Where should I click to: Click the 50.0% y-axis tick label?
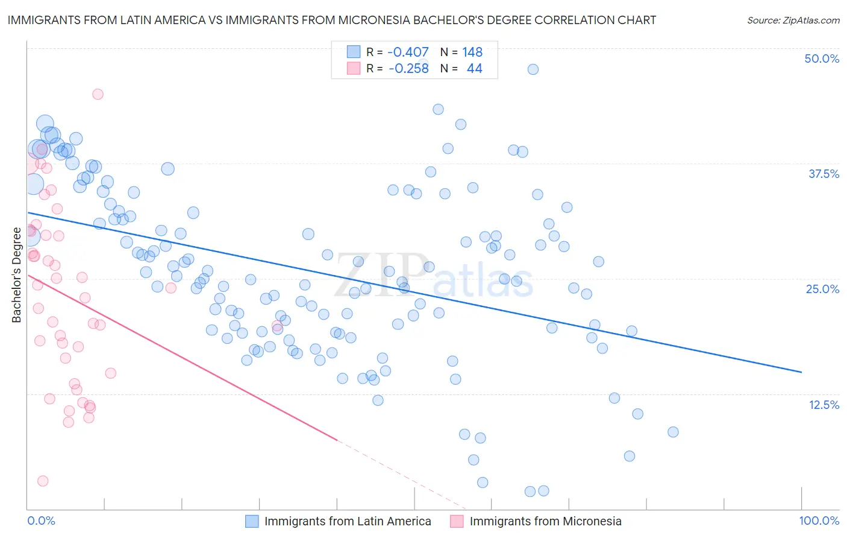(x=822, y=59)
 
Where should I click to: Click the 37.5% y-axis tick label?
(x=824, y=174)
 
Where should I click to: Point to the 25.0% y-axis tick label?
(x=822, y=289)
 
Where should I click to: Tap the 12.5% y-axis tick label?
(x=824, y=405)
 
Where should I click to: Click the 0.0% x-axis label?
(x=41, y=521)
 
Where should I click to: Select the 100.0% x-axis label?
(x=819, y=521)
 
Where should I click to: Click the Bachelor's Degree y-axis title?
(x=16, y=274)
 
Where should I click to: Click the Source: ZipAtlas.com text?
(x=793, y=20)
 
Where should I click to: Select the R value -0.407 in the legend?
(x=408, y=52)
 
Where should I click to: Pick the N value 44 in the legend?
(x=474, y=69)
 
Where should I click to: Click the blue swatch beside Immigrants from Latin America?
(x=252, y=521)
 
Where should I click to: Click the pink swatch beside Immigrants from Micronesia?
(x=457, y=521)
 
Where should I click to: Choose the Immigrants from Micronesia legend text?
(x=545, y=521)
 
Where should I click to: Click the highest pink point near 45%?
(x=98, y=94)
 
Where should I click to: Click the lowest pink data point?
(x=43, y=481)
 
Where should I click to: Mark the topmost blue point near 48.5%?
(x=533, y=69)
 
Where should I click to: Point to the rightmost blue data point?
(x=673, y=432)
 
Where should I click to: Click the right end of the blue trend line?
(x=801, y=372)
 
